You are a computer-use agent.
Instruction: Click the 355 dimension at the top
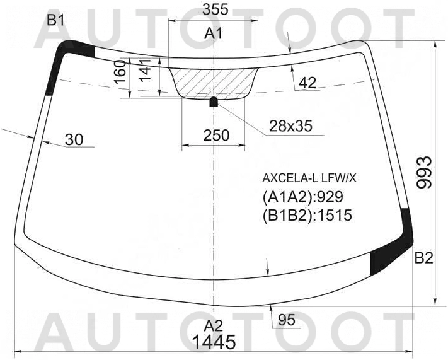click(x=215, y=9)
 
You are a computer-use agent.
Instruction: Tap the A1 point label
click(x=214, y=33)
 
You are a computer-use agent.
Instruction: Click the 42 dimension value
click(x=307, y=83)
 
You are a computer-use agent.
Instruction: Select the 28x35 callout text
click(x=290, y=126)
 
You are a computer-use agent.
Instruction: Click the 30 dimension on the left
click(x=74, y=141)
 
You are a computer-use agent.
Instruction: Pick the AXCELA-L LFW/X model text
click(x=309, y=178)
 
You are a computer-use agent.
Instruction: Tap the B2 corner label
click(x=424, y=258)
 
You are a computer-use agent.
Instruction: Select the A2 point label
click(x=214, y=325)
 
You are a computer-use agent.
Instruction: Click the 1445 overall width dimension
click(x=214, y=343)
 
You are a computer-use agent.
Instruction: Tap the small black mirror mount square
click(x=213, y=101)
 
